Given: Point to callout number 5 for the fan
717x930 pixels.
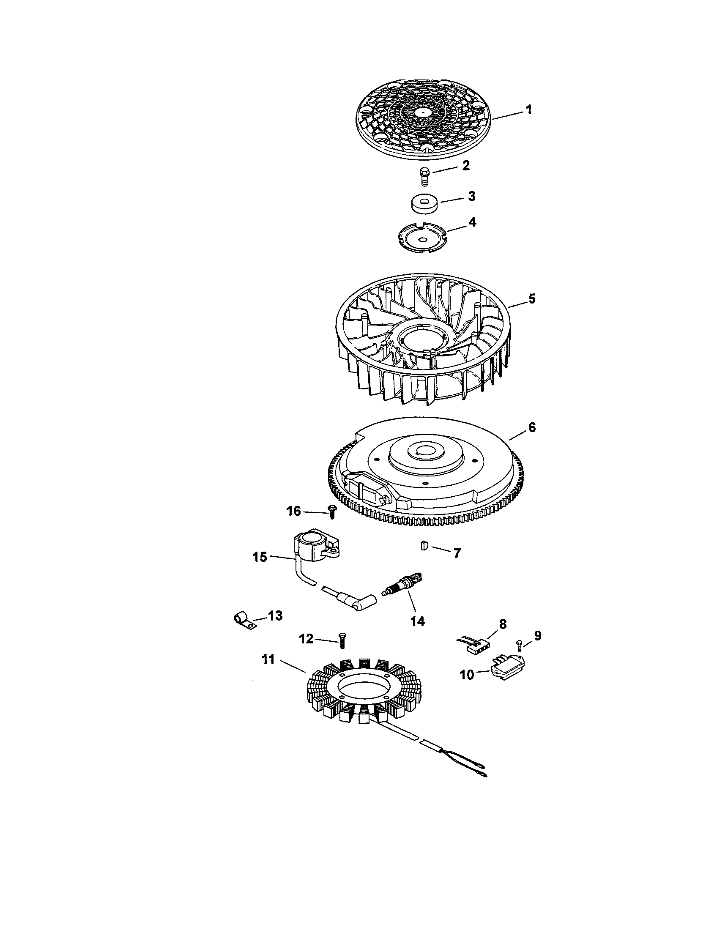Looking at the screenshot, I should (x=532, y=298).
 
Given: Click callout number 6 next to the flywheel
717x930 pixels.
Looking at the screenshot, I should (x=532, y=427).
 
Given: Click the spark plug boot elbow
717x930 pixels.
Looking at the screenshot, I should (x=363, y=599).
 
